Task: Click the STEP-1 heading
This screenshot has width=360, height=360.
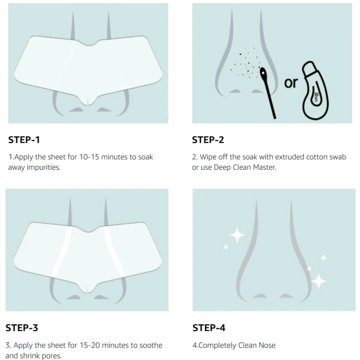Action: [x=24, y=140]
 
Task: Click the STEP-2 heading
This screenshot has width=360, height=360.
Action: [x=208, y=140]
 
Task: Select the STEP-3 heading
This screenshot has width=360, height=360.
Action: [x=22, y=328]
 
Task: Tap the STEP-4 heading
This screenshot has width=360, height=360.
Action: [x=209, y=328]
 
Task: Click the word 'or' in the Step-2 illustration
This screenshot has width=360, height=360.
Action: [x=291, y=83]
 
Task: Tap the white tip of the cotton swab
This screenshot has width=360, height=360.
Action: [x=263, y=72]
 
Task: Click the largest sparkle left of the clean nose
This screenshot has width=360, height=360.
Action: [x=237, y=236]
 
